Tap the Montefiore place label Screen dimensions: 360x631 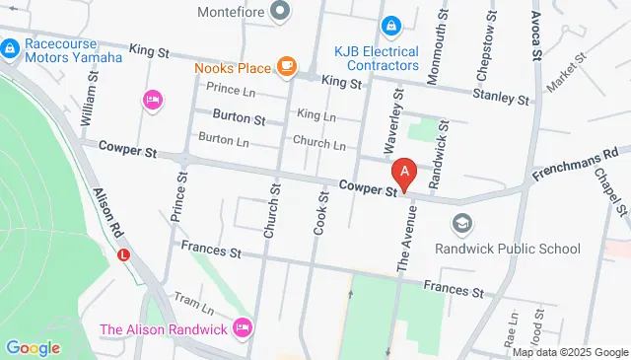(x=233, y=13)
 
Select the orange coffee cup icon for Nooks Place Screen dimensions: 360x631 (x=286, y=66)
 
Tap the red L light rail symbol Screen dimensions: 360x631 (x=123, y=254)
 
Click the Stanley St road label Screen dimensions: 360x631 (x=502, y=96)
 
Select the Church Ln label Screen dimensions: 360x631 (x=318, y=144)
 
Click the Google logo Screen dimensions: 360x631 (x=33, y=347)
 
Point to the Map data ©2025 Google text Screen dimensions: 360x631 (x=569, y=352)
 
